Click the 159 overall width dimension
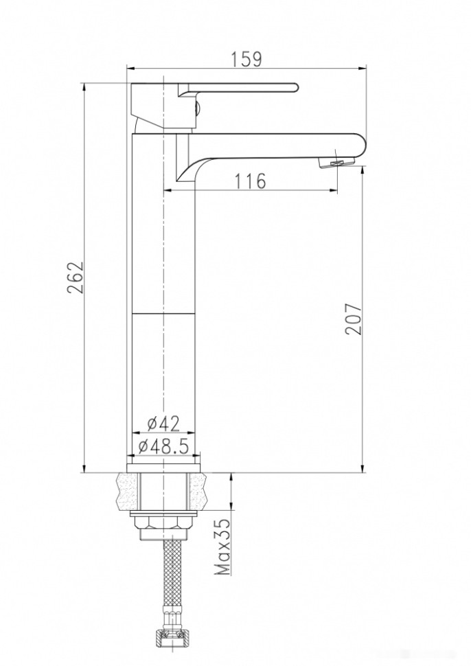click(x=246, y=59)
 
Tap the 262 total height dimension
click(x=75, y=277)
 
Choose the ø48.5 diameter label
click(x=163, y=446)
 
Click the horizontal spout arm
click(x=275, y=145)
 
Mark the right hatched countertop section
click(x=198, y=490)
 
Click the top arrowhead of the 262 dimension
click(x=83, y=87)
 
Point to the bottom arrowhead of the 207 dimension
click(x=363, y=468)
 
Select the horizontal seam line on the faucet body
click(x=163, y=313)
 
